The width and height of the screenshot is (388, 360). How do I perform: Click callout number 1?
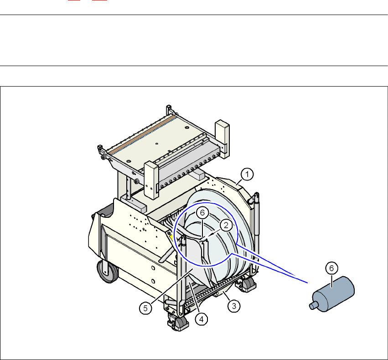247,175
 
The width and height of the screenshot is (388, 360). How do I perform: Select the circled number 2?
226,225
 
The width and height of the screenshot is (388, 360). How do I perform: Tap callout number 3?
234,306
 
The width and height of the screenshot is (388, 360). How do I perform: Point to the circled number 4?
202,319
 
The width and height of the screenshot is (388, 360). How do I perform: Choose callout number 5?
145,308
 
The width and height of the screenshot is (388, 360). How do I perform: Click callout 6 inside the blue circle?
202,213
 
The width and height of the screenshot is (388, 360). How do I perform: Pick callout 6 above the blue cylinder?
331,268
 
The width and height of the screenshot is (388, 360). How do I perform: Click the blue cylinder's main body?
334,294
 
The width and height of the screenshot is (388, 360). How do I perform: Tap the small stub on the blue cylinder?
313,306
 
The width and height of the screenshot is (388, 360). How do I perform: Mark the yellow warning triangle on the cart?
171,238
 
